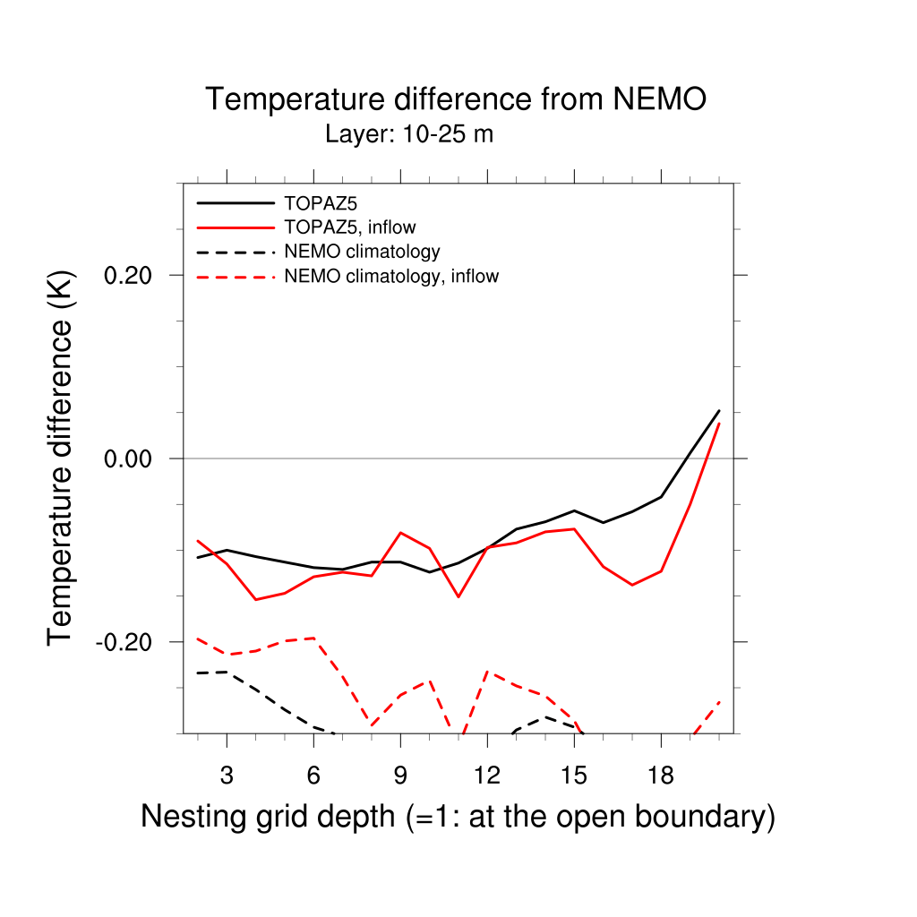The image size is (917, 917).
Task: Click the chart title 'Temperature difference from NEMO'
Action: (x=456, y=99)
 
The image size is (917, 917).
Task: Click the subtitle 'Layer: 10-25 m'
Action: (x=409, y=135)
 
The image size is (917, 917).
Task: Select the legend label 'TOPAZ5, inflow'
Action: (x=349, y=227)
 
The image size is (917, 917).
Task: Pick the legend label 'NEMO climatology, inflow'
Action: (x=390, y=276)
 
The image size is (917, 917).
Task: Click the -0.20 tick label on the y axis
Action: (x=128, y=642)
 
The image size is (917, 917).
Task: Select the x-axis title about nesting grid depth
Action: (x=458, y=817)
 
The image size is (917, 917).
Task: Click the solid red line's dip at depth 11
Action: (x=458, y=596)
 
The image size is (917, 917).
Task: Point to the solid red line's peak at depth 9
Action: (x=400, y=533)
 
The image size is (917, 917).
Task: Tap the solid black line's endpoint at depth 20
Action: (x=719, y=411)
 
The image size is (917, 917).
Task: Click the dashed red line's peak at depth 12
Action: (x=487, y=671)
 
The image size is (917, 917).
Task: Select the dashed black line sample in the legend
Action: (x=236, y=252)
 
